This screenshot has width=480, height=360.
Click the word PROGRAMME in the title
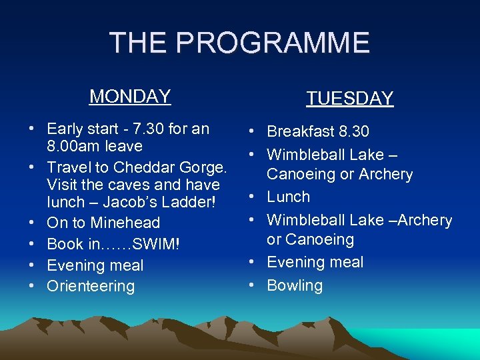(x=278, y=43)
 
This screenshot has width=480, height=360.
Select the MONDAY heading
(x=130, y=97)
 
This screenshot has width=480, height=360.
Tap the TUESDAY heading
(x=350, y=99)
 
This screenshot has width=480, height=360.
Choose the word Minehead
(x=125, y=223)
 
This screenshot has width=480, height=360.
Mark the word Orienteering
(x=91, y=286)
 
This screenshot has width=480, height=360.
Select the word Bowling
(x=295, y=285)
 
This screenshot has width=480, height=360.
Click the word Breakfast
(x=299, y=132)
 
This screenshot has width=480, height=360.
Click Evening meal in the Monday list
(x=95, y=265)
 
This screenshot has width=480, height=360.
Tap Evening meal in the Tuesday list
(x=315, y=262)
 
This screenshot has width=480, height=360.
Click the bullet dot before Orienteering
(x=32, y=286)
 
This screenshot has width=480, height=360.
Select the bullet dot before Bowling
(x=253, y=285)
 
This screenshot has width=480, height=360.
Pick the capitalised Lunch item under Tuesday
(x=289, y=197)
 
